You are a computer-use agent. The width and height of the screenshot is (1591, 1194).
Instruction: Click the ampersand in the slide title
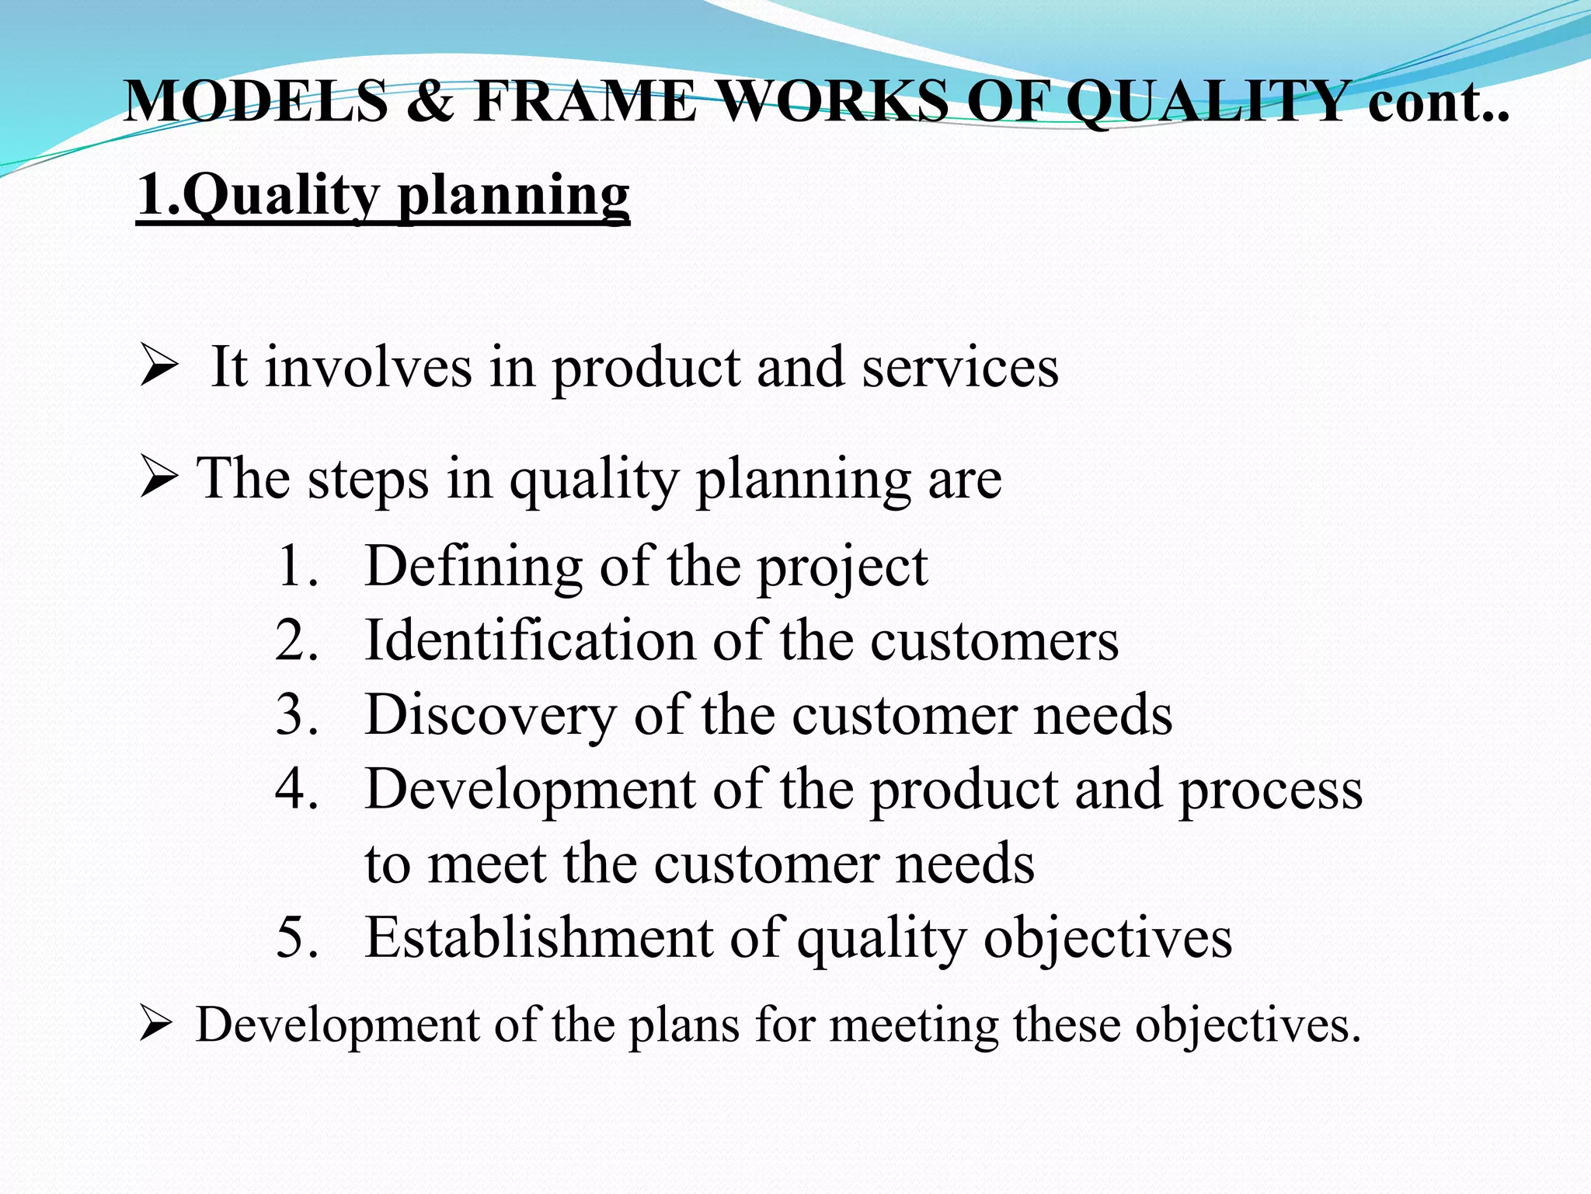[429, 101]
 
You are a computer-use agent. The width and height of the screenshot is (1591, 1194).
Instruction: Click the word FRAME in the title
[585, 101]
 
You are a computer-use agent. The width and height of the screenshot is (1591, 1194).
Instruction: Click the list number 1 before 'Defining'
[297, 566]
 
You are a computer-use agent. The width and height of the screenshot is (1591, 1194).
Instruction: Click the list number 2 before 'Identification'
[297, 641]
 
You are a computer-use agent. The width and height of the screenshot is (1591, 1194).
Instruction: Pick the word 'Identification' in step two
[530, 641]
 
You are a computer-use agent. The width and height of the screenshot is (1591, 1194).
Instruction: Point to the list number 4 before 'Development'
[297, 789]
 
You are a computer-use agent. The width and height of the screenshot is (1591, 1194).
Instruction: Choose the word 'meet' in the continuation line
[486, 864]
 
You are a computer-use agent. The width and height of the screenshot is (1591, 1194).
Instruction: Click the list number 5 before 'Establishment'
[297, 937]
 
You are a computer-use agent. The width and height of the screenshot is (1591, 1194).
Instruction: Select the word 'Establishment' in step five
[539, 937]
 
